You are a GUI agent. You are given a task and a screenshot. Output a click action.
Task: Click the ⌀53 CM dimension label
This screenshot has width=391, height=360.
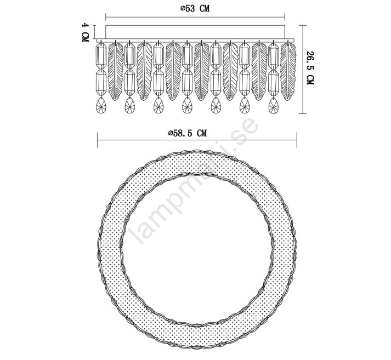(x=195, y=8)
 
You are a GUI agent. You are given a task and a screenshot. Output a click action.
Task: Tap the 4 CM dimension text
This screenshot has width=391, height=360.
(x=85, y=32)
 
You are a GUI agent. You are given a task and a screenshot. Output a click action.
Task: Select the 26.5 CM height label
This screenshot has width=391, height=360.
(x=310, y=68)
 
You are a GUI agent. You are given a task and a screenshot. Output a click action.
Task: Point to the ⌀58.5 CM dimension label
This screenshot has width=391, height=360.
(x=188, y=133)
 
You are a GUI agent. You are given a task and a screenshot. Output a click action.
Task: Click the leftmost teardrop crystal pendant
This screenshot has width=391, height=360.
(x=101, y=105)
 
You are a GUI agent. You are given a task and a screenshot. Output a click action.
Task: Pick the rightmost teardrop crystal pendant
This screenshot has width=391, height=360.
(x=274, y=105)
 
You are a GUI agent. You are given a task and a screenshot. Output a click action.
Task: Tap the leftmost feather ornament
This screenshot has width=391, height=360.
(x=116, y=72)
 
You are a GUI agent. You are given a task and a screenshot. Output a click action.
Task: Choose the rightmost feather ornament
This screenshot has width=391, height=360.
(x=288, y=72)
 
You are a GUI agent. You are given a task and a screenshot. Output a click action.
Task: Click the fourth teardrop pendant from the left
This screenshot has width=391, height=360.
(x=187, y=105)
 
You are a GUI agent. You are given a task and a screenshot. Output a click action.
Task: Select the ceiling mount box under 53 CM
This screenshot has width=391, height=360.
(x=195, y=32)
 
